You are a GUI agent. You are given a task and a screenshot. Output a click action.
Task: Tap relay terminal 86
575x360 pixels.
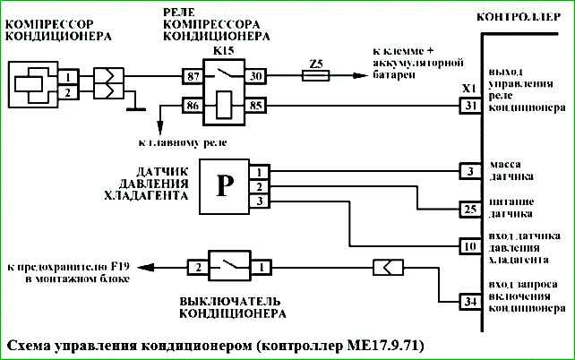pyautogui.click(x=193, y=107)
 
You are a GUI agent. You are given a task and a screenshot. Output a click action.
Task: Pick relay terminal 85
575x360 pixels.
pyautogui.click(x=255, y=107)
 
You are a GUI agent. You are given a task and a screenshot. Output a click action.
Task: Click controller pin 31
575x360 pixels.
pyautogui.click(x=470, y=107)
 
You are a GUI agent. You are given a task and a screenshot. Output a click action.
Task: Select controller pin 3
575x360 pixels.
pyautogui.click(x=470, y=171)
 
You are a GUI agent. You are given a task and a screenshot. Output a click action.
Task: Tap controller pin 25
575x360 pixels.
pyautogui.click(x=470, y=210)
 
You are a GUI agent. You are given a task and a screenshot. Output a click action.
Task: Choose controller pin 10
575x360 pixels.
pyautogui.click(x=470, y=245)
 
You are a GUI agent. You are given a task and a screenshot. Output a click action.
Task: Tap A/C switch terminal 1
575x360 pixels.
pyautogui.click(x=260, y=267)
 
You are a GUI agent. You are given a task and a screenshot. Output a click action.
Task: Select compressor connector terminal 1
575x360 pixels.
pyautogui.click(x=67, y=77)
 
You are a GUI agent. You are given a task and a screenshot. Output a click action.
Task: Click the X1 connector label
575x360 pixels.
pyautogui.click(x=466, y=90)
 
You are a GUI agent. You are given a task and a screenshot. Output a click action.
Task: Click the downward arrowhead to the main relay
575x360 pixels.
pyautogui.click(x=162, y=129)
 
